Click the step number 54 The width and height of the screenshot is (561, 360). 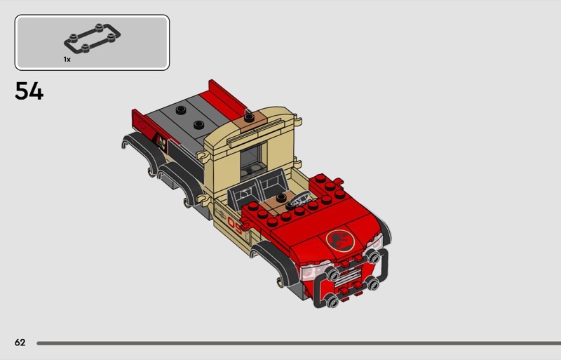coord(29,91)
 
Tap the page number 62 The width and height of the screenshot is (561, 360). coord(20,342)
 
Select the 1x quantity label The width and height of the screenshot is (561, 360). coord(67,59)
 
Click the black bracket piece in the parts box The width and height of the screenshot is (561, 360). coord(92,39)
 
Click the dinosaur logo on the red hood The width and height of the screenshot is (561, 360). coord(340,240)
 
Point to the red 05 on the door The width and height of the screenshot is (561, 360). coord(235,227)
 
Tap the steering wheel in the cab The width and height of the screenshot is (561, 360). coord(299,200)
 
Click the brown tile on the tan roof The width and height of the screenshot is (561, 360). coord(249,121)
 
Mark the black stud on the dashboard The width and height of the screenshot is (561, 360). coord(281,197)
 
